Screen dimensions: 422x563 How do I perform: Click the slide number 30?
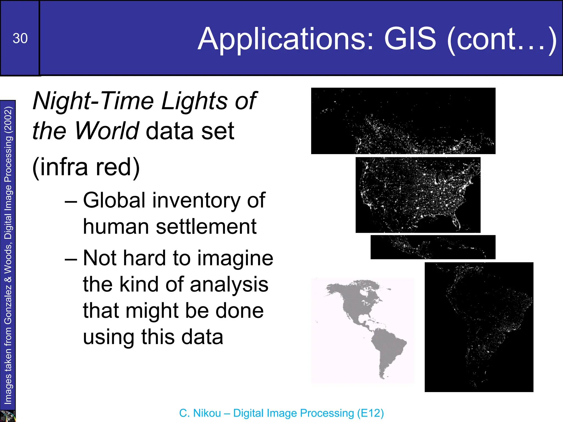(20, 38)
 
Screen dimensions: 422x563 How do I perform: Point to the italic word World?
(106, 131)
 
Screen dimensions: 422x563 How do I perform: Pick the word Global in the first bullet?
(114, 200)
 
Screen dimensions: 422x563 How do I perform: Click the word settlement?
(206, 227)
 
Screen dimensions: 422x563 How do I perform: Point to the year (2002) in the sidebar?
(8, 119)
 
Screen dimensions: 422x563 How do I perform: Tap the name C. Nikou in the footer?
(200, 413)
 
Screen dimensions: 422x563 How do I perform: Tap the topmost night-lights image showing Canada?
(403, 121)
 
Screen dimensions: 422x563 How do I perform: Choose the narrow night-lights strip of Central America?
(433, 247)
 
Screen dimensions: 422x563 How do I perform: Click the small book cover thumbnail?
(7, 416)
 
